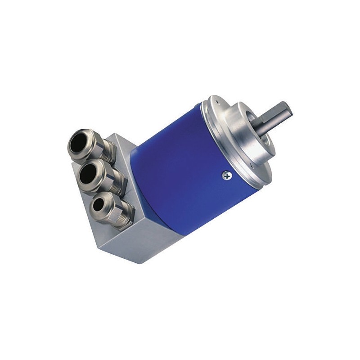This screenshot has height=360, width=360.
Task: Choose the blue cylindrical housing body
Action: pyautogui.click(x=180, y=166)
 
